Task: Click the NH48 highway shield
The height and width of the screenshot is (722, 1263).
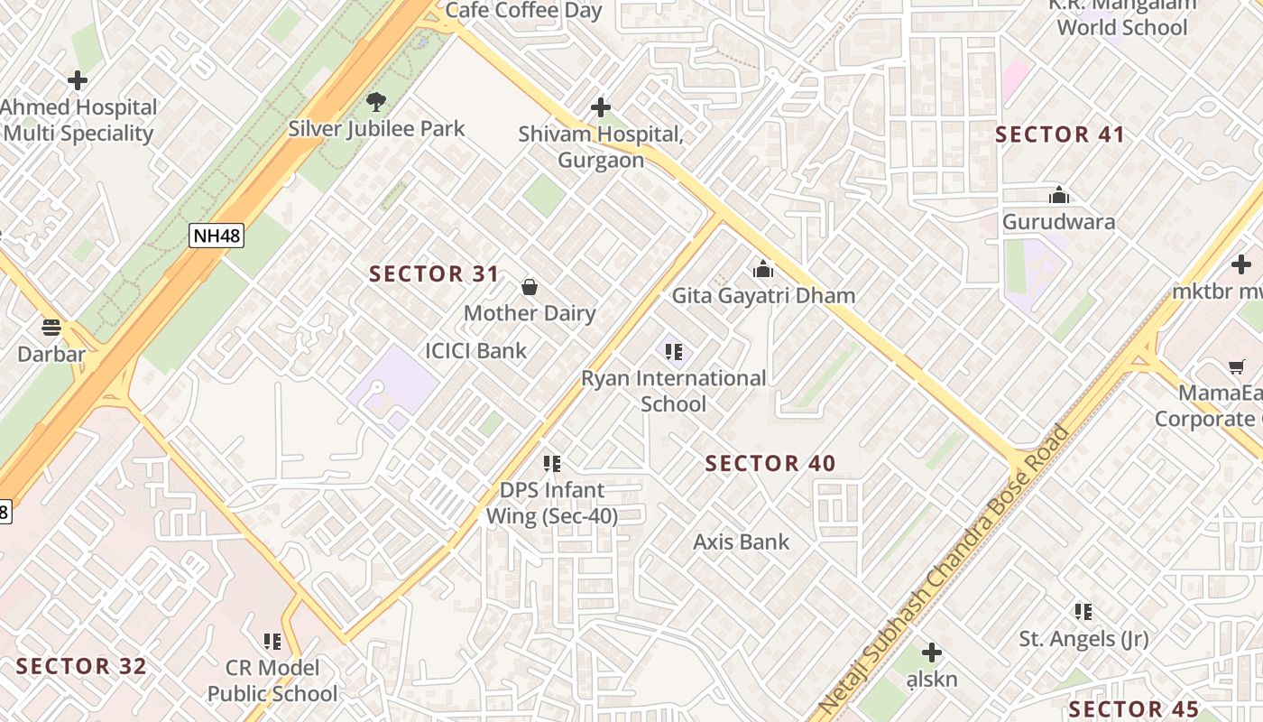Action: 217,236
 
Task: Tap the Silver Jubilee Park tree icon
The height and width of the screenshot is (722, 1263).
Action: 375,102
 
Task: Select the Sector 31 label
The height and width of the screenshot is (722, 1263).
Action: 434,274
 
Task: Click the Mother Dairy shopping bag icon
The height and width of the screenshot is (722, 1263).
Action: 530,288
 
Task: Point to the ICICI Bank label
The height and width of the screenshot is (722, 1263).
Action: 475,351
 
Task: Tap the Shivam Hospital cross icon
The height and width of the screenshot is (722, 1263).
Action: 600,108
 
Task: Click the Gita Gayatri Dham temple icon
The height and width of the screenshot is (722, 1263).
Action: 763,269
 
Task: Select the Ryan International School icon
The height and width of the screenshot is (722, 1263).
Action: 673,352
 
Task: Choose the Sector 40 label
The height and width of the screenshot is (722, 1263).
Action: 770,464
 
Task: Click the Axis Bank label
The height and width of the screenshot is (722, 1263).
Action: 741,542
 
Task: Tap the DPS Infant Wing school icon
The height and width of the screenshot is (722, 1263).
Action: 552,464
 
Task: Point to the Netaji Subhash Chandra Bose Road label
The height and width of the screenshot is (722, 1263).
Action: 943,569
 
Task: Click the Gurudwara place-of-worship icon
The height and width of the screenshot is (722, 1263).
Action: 1058,195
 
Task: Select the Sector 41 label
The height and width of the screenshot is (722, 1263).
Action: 1060,135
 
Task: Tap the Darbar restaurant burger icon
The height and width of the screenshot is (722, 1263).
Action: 51,327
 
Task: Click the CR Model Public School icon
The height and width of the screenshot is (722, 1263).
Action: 272,642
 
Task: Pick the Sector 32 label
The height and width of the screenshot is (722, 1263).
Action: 81,667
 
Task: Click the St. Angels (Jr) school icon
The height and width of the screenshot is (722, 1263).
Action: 1083,612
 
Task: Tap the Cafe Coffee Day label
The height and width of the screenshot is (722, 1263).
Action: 523,11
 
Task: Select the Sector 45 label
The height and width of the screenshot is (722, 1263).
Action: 1134,709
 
